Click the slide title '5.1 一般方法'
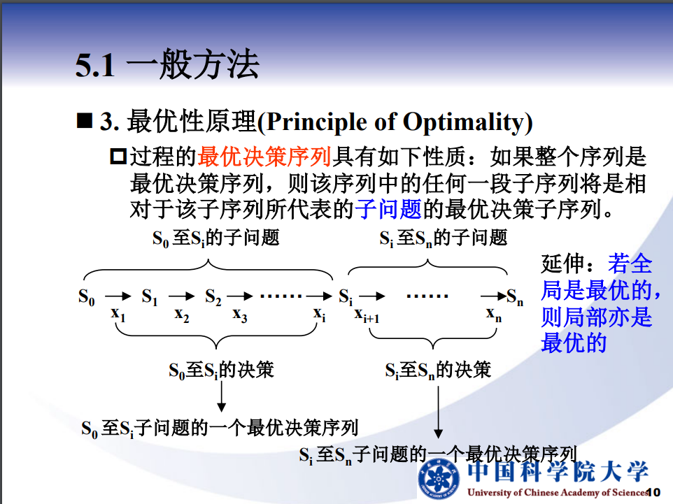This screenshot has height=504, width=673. point(167,65)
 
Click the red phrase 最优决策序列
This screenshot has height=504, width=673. point(264,156)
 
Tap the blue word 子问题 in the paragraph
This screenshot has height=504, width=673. point(388,209)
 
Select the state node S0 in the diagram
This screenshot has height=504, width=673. point(86,297)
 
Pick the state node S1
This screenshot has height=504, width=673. point(150,297)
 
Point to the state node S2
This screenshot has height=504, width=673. point(213,297)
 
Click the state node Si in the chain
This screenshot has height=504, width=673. point(346,297)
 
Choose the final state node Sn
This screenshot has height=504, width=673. point(515,297)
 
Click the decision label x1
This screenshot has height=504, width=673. point(118,315)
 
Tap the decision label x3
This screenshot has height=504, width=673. point(240,315)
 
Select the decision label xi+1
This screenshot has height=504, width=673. point(367,315)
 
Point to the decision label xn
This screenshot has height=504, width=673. point(494,315)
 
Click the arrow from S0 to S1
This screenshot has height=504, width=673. point(118,296)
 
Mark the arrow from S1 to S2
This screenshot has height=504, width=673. point(182,296)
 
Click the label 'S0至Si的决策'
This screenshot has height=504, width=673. point(221,370)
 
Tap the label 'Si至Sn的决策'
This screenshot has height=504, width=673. point(438,370)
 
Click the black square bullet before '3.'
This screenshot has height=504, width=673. point(85,120)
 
